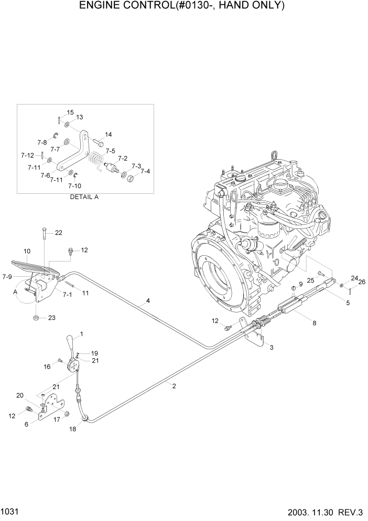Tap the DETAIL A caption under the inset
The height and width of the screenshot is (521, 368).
tap(84, 197)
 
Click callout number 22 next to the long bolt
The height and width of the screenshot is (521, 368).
tap(58, 233)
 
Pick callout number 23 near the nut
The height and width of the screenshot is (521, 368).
tap(51, 317)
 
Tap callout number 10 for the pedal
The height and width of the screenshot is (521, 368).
tap(27, 251)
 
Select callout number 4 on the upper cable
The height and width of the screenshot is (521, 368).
tap(148, 301)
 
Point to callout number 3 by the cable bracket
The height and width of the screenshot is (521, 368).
tap(271, 347)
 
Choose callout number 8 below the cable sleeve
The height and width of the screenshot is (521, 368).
tap(315, 324)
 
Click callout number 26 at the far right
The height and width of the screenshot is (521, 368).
tap(361, 282)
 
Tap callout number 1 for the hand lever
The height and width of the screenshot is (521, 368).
tap(81, 334)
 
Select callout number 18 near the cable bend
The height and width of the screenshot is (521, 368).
tap(72, 429)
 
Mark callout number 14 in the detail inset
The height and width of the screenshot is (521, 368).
tap(108, 134)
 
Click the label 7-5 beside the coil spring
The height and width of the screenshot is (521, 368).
tap(110, 151)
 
